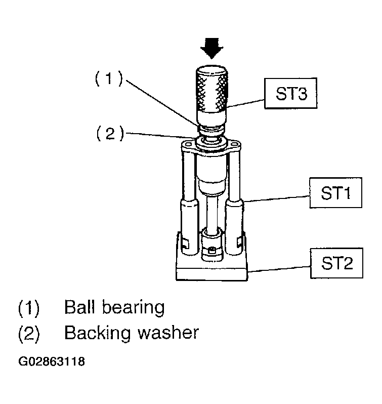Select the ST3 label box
coord(291,95)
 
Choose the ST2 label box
coord(335,264)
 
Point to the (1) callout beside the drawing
coord(109,79)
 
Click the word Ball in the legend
coord(80,307)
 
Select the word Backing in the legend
coord(96,333)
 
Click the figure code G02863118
coord(52,362)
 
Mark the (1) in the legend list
coord(29,307)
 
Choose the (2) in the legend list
coord(29,333)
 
